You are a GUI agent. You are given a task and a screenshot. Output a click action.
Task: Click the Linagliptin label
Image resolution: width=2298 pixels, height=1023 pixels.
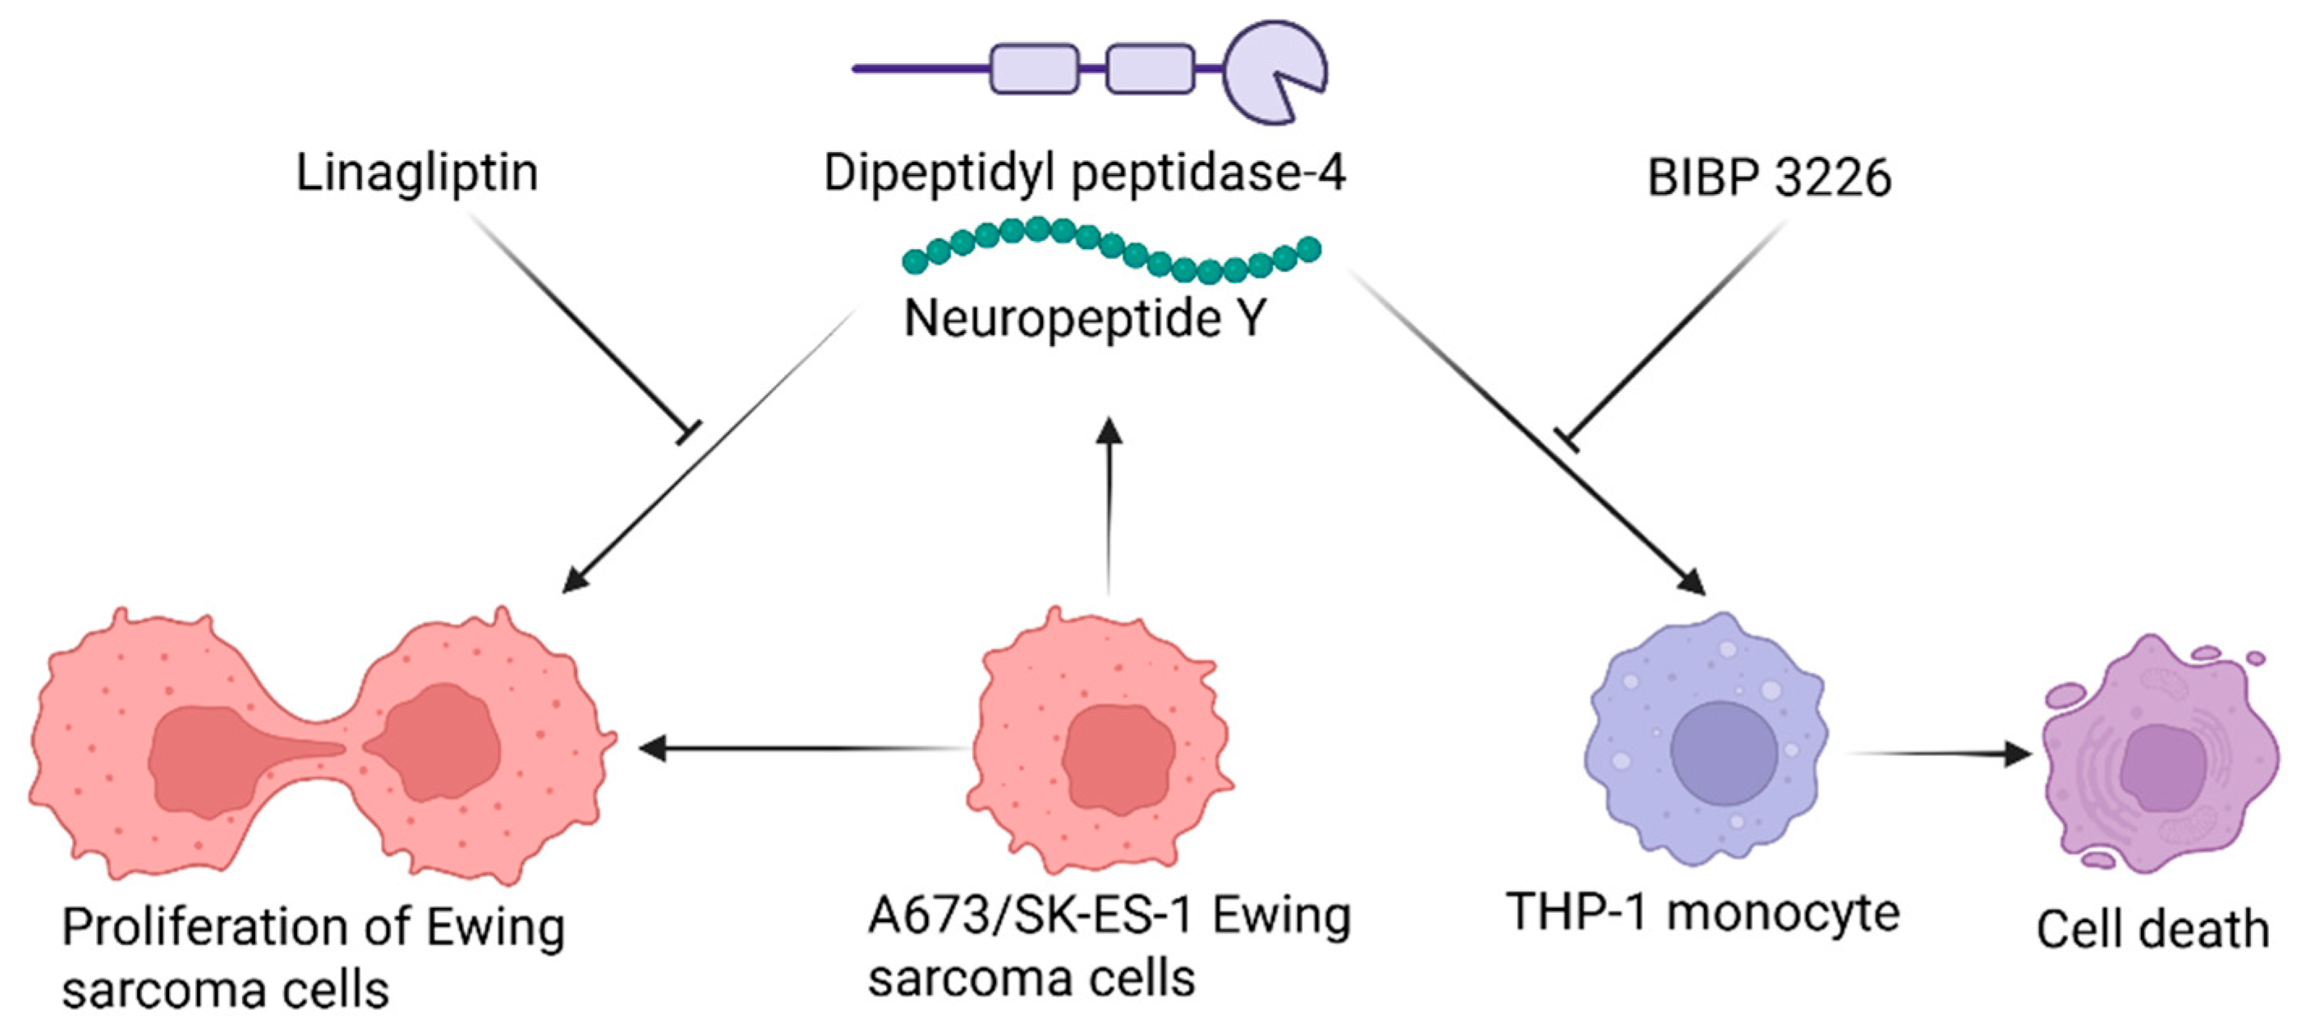click(417, 174)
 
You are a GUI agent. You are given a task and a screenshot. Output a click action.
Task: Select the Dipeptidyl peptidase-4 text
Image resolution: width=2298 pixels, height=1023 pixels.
click(1084, 172)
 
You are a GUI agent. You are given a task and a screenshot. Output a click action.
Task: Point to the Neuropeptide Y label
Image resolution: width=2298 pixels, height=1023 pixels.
click(1085, 319)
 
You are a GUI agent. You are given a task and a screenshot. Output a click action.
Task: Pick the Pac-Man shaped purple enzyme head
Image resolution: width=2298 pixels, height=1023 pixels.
click(1270, 71)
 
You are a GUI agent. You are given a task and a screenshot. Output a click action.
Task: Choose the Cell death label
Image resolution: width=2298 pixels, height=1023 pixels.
click(2152, 929)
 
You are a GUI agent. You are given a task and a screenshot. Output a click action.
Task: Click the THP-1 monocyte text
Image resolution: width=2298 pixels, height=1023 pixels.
click(1702, 913)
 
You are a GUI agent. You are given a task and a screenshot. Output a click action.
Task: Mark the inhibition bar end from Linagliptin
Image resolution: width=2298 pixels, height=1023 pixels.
click(689, 432)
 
